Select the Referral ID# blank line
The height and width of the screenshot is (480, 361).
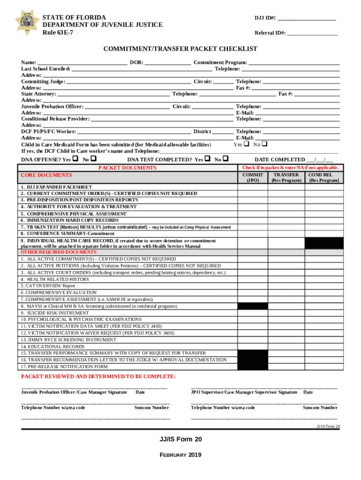point(312,34)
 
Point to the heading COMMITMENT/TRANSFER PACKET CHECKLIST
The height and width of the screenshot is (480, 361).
point(180,49)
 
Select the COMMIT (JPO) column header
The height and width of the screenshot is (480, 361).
point(252,177)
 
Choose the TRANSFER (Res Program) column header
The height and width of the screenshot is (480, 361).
point(286,177)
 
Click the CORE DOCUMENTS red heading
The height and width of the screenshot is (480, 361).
point(46,175)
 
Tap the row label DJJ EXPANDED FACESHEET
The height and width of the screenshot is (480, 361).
point(56,187)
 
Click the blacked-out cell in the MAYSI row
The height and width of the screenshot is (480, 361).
point(252,306)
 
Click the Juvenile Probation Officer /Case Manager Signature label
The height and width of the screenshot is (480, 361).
point(74,392)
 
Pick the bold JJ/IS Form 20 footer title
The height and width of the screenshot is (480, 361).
point(180,439)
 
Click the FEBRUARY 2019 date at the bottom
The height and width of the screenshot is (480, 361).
point(180,455)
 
